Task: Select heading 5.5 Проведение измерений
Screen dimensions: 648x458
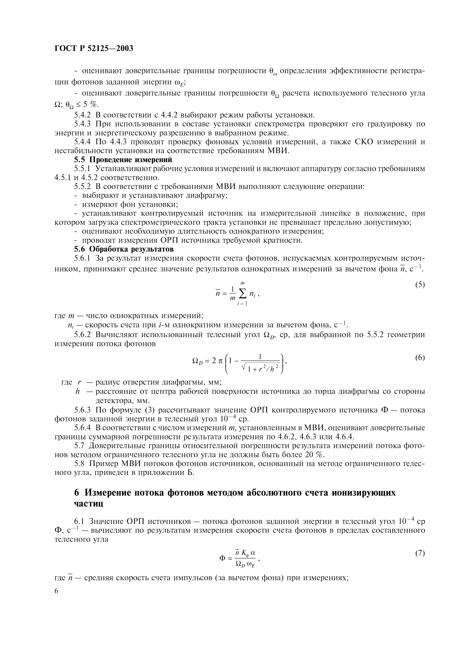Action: (x=123, y=160)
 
